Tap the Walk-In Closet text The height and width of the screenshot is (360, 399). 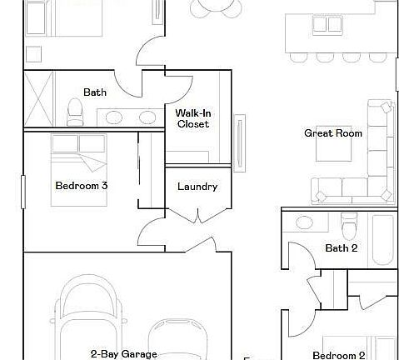point(192,118)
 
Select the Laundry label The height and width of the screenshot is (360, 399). point(197,187)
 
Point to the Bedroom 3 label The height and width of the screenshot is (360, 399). point(81,186)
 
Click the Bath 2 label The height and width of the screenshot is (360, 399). point(341,247)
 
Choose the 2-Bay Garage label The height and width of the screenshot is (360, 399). point(124,353)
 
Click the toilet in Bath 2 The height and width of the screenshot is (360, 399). point(350,224)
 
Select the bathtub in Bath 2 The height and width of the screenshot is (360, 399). point(382,239)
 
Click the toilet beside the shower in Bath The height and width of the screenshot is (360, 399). point(75,109)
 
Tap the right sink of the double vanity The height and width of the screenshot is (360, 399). point(147,117)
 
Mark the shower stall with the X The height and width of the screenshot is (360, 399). point(40,98)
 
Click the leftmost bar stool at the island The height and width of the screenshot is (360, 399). point(297,57)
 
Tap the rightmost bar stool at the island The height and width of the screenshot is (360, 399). point(372,57)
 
